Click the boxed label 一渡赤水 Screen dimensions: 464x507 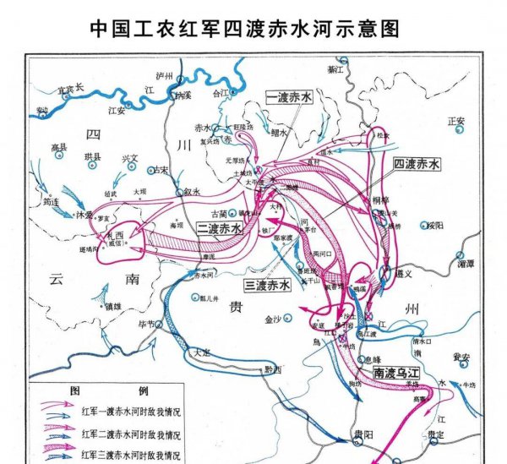pyautogui.click(x=289, y=99)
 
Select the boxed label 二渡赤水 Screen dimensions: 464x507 pyautogui.click(x=220, y=229)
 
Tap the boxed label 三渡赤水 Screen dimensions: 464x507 pyautogui.click(x=267, y=286)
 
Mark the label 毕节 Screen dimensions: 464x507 pyautogui.click(x=146, y=325)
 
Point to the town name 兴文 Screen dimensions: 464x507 pyautogui.click(x=129, y=157)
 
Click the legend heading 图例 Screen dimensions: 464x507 pyautogui.click(x=104, y=391)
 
